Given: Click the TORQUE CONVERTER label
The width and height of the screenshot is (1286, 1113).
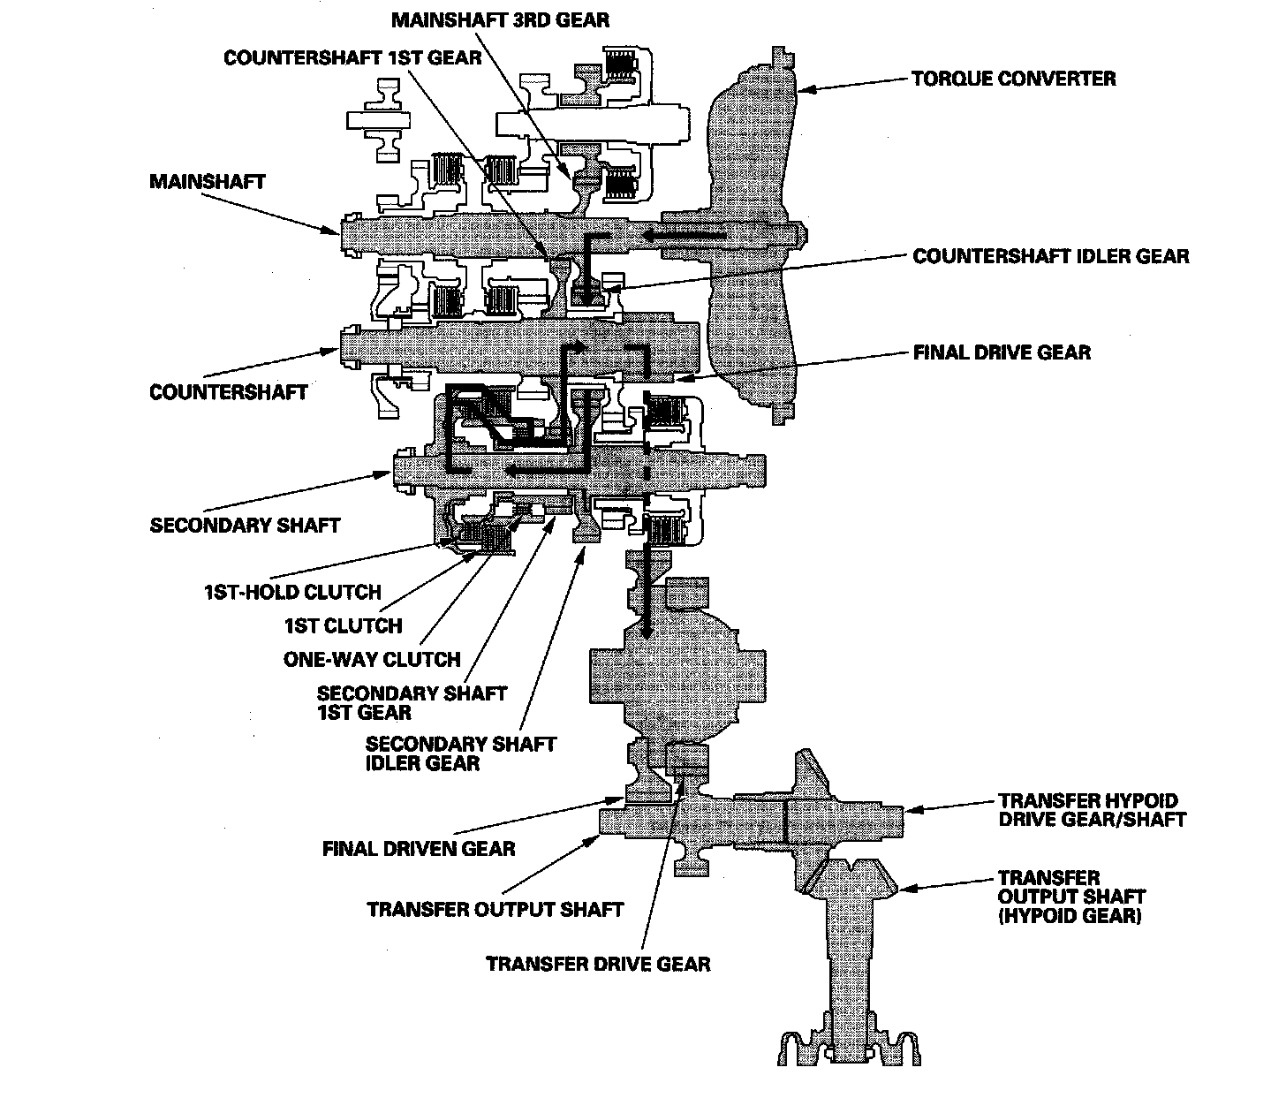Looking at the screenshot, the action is [x=1013, y=79].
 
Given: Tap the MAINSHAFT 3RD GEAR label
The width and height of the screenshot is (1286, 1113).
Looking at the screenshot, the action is [x=500, y=20].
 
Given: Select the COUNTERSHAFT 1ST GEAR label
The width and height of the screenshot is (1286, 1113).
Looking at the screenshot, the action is [x=352, y=58].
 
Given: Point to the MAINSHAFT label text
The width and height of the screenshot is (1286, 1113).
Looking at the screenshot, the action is [x=208, y=182].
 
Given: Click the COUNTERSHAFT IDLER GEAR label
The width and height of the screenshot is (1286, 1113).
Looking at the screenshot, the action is [x=1051, y=256].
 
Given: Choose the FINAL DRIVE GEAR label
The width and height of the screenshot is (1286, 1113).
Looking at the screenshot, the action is [x=1002, y=352].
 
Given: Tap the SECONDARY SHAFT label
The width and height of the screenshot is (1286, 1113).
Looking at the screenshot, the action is [x=246, y=526].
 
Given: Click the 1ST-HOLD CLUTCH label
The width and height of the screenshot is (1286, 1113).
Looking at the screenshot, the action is [x=293, y=592].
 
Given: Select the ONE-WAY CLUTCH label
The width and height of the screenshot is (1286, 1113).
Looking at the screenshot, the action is [x=372, y=660].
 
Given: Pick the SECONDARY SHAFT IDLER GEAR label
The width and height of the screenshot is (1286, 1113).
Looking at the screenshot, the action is [x=460, y=754].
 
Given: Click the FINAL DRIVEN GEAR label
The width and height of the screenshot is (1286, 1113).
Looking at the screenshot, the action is [x=419, y=849].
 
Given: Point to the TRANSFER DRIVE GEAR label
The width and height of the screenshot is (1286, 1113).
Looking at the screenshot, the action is [x=598, y=965].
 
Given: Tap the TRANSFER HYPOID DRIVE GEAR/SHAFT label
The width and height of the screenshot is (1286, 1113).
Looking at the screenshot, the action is [x=1092, y=810].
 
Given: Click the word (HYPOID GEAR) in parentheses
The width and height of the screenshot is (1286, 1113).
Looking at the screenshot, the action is [x=1070, y=916].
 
